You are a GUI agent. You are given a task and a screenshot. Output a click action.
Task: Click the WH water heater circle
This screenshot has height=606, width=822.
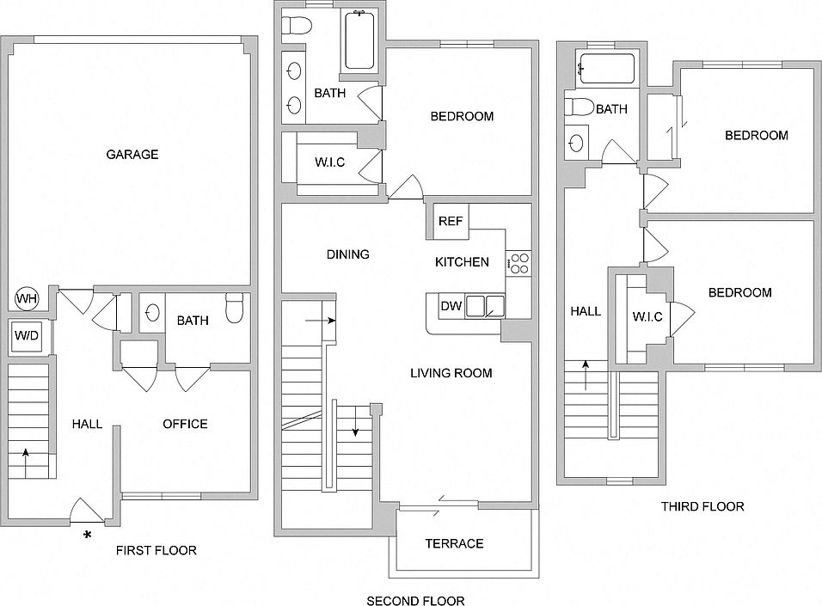pyautogui.click(x=26, y=299)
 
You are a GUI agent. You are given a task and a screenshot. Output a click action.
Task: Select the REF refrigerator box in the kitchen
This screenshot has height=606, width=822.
pyautogui.click(x=451, y=221)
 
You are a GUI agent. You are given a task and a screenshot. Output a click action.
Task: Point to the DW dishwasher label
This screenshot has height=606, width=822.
pyautogui.click(x=451, y=306)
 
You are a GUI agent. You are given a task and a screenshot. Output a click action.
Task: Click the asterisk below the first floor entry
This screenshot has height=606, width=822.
pyautogui.click(x=88, y=535)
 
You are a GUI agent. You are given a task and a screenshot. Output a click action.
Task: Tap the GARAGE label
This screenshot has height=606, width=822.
pyautogui.click(x=132, y=154)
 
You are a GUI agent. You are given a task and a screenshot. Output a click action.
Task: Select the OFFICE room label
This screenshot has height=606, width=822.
pyautogui.click(x=185, y=424)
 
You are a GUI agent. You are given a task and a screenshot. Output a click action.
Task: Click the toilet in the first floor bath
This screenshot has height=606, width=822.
pyautogui.click(x=235, y=309)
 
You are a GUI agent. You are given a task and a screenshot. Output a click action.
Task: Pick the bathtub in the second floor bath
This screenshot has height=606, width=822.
pyautogui.click(x=359, y=40)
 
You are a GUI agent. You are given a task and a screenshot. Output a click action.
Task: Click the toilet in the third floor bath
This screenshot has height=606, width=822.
pyautogui.click(x=580, y=107)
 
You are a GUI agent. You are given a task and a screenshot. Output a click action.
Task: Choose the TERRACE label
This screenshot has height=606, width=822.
pyautogui.click(x=455, y=543)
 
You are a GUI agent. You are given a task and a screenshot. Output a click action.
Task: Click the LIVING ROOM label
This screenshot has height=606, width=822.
pyautogui.click(x=451, y=373)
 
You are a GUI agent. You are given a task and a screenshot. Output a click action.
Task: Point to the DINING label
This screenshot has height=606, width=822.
pyautogui.click(x=348, y=254)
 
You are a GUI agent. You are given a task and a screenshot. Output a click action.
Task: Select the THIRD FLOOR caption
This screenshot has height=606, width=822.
pyautogui.click(x=702, y=506)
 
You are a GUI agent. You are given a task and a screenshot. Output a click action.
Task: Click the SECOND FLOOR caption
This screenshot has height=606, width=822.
pyautogui.click(x=415, y=601)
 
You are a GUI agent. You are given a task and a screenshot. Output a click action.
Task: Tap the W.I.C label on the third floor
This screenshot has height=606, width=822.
pyautogui.click(x=647, y=316)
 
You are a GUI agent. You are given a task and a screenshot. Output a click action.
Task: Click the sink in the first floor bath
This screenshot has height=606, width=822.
pyautogui.click(x=152, y=312)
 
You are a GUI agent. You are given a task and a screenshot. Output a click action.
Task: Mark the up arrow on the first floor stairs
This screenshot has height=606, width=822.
pyautogui.click(x=25, y=463)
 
